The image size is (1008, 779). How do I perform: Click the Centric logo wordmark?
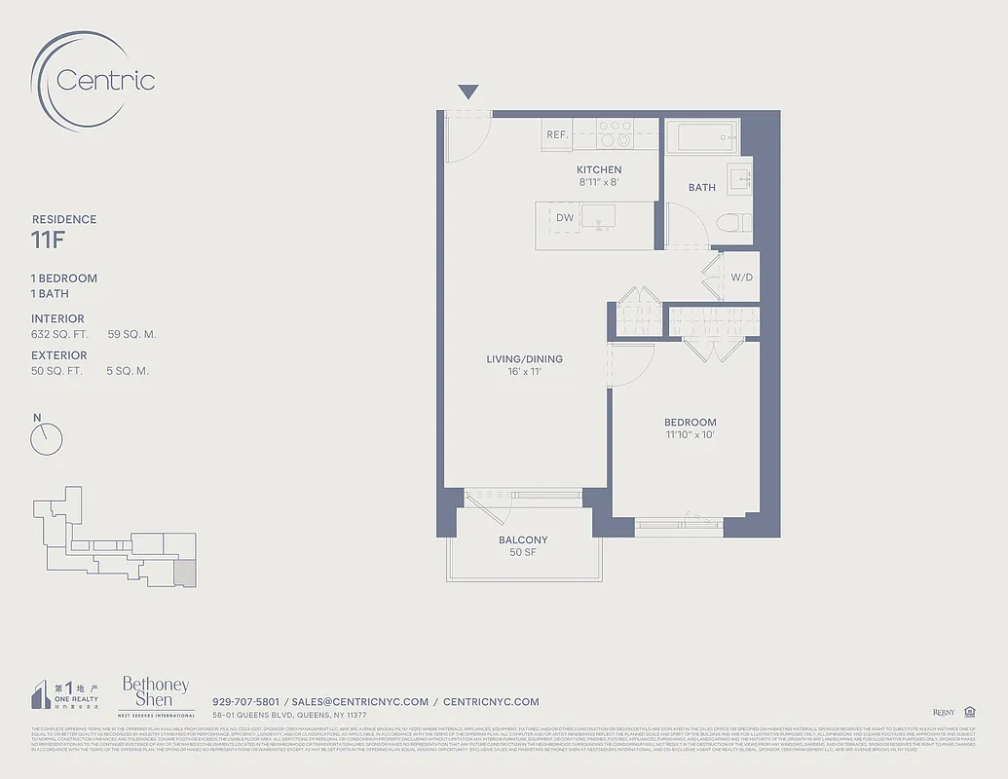105,80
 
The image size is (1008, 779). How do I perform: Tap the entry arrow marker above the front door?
468,93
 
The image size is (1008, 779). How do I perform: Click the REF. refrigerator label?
557,135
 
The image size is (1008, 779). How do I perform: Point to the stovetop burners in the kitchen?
615,133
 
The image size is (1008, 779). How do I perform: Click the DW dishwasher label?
565,218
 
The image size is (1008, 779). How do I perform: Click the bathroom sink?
739,178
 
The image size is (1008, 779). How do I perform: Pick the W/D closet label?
741,278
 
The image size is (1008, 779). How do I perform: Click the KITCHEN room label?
599,169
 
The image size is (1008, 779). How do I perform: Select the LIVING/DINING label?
525,359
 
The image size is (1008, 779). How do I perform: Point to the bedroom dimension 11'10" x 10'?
690,434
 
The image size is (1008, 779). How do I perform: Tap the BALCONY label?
523,539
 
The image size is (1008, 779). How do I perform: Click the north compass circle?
47,440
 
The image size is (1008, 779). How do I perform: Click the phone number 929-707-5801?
245,701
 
